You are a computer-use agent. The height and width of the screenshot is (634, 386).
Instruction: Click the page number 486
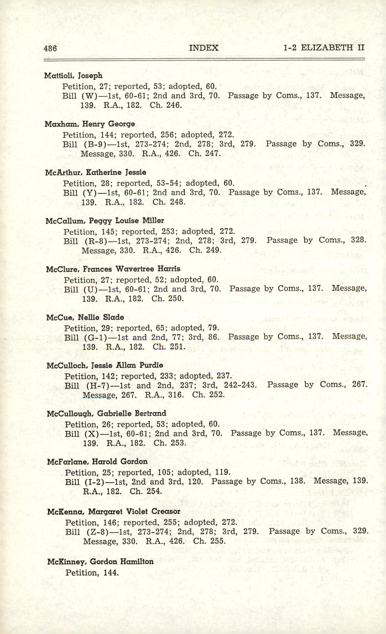coord(50,48)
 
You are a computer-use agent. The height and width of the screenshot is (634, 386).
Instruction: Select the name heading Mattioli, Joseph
coord(73,76)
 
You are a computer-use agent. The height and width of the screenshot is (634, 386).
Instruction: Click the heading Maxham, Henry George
coord(90,124)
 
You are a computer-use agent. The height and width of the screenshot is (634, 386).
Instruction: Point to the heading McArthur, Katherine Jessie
coord(96,172)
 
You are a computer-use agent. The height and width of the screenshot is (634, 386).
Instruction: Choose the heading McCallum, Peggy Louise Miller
coord(105,221)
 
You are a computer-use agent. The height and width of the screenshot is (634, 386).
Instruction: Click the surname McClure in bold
coord(61,269)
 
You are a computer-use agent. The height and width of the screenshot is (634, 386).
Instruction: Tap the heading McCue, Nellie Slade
coord(85,317)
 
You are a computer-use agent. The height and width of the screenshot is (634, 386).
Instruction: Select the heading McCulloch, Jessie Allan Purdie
coord(105,365)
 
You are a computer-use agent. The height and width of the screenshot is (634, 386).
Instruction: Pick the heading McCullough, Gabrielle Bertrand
coord(107,413)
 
